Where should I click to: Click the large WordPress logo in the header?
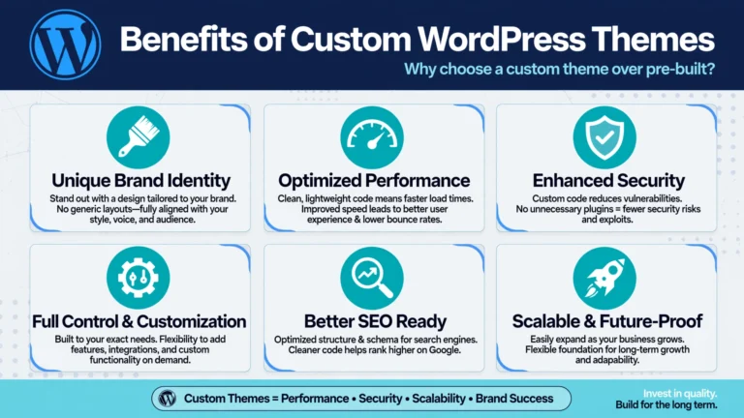[x=65, y=45]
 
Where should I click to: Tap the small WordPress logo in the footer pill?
[x=167, y=398]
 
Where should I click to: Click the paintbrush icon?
[x=139, y=137]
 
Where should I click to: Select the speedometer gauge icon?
[x=372, y=137]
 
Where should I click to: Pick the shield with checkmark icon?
[x=604, y=137]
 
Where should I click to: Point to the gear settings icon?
[x=139, y=278]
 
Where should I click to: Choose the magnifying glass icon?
[x=372, y=278]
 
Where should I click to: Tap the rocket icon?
[x=604, y=278]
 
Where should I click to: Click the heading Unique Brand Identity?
[x=140, y=181]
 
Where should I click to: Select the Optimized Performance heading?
[x=374, y=181]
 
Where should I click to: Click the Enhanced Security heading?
[x=608, y=181]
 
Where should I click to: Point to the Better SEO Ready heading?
[x=375, y=321]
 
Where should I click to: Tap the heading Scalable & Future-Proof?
[x=606, y=321]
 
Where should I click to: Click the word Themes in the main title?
[x=653, y=39]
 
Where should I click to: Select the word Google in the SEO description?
[x=444, y=350]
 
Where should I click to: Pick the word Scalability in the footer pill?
[x=439, y=399]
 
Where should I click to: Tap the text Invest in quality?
[x=680, y=394]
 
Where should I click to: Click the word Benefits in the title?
[x=184, y=39]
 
